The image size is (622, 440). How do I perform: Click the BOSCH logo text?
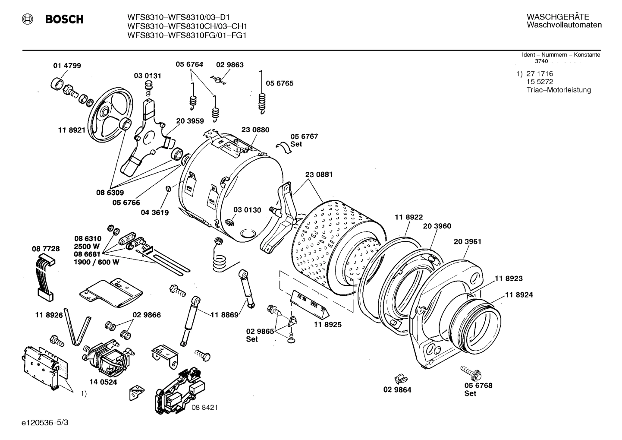(x=64, y=19)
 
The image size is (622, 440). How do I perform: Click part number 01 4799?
(x=67, y=66)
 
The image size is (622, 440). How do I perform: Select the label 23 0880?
(x=255, y=130)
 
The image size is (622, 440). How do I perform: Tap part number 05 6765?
(x=280, y=83)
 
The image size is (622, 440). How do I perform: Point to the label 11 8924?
(x=519, y=295)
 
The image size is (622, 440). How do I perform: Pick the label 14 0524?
(x=103, y=382)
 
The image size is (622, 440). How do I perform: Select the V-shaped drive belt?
(x=78, y=326)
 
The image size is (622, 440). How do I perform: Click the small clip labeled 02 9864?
(x=401, y=378)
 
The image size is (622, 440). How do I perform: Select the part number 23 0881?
(x=319, y=174)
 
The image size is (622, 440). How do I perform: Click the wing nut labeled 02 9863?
(x=220, y=79)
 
